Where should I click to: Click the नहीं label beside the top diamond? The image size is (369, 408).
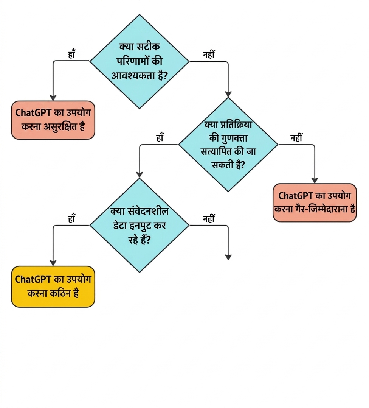[x=209, y=54]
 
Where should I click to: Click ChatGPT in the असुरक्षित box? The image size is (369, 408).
[x=33, y=113]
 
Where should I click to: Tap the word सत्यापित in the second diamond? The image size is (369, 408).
[x=217, y=151]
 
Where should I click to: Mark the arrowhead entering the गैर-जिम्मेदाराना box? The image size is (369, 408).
[x=315, y=180]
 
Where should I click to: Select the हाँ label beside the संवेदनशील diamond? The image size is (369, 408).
[x=71, y=218]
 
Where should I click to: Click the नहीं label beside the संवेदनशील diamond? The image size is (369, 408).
[x=209, y=218]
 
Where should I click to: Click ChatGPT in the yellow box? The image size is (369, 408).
[x=33, y=279]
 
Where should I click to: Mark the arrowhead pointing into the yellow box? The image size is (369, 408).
[x=53, y=263]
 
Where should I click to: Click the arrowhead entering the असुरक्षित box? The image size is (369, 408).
[x=53, y=98]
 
